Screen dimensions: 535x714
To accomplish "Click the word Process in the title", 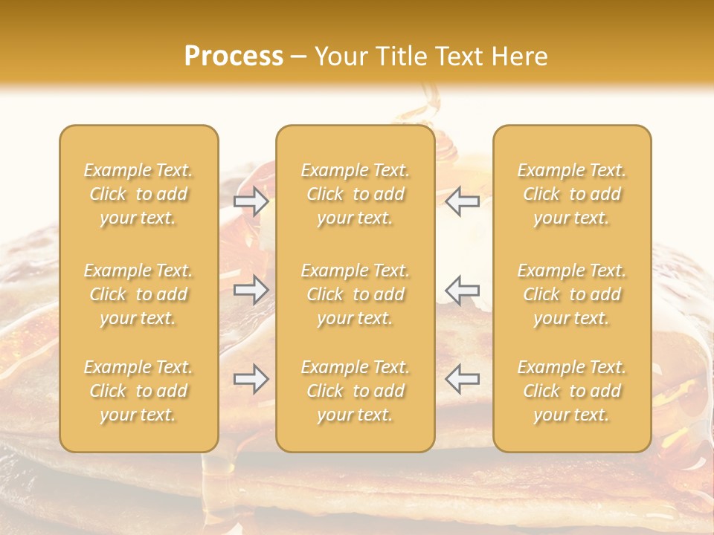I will (234, 56).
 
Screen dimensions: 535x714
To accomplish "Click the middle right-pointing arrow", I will (251, 290).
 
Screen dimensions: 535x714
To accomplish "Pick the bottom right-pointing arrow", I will (251, 379).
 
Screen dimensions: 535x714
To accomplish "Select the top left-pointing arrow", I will (462, 201).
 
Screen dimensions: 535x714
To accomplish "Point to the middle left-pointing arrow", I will (462, 290).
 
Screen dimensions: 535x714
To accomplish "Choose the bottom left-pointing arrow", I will (462, 379).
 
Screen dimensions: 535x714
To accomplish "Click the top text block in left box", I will (138, 194).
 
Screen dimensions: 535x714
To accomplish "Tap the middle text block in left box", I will (138, 294).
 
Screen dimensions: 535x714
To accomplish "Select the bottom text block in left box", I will (138, 391).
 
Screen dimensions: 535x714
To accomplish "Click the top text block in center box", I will (356, 194).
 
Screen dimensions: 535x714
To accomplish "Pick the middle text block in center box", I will (356, 294).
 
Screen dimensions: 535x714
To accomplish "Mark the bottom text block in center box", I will (356, 391).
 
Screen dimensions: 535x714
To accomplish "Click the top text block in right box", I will (572, 194).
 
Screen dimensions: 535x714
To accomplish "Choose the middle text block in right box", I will (572, 294).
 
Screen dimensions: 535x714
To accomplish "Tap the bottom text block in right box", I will (572, 391).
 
